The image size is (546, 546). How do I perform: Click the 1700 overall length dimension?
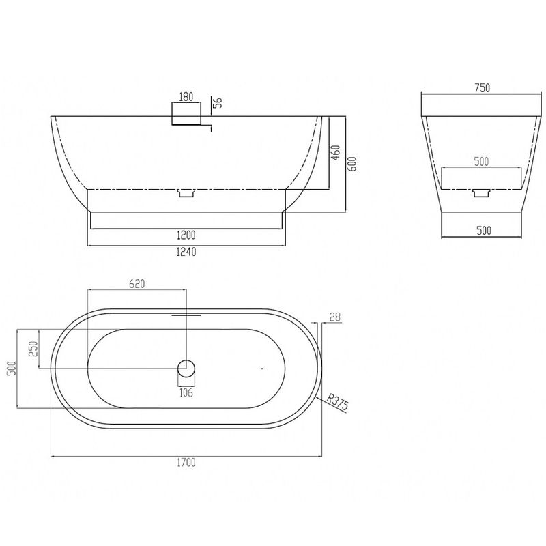pyautogui.click(x=186, y=463)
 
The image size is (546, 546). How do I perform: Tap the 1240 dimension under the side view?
pyautogui.click(x=186, y=252)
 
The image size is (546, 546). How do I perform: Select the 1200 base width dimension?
pyautogui.click(x=186, y=235)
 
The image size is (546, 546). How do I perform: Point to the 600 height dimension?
pyautogui.click(x=352, y=164)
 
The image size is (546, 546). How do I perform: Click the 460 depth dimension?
pyautogui.click(x=336, y=152)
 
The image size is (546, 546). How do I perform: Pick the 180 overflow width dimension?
pyautogui.click(x=186, y=97)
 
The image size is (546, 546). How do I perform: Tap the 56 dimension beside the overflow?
pyautogui.click(x=217, y=103)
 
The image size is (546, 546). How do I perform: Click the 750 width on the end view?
pyautogui.click(x=483, y=88)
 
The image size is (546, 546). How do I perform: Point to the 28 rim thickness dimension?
pyautogui.click(x=334, y=317)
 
